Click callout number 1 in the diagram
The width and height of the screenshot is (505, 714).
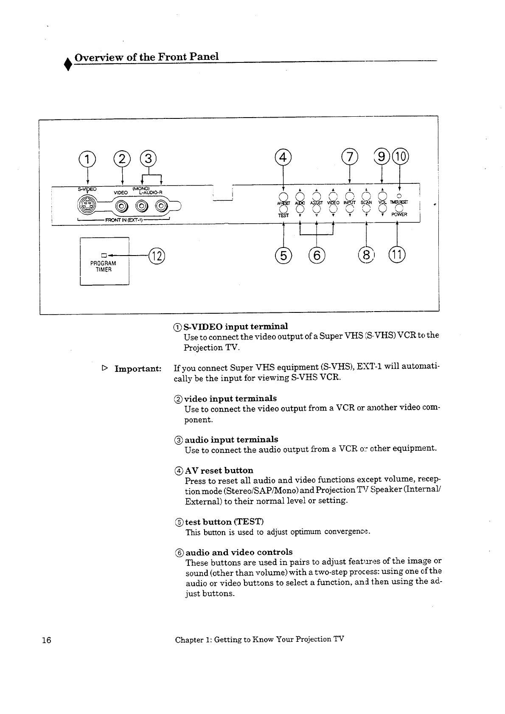(x=87, y=159)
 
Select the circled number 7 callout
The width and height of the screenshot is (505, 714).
(x=350, y=158)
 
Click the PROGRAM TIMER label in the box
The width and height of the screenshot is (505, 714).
(x=103, y=266)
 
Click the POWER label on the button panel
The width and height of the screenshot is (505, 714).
(x=399, y=214)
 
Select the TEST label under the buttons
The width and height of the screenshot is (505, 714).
(x=283, y=215)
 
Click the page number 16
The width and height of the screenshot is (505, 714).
(x=46, y=641)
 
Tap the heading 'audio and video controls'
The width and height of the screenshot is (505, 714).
(x=239, y=552)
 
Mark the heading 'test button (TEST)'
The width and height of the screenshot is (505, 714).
(x=224, y=522)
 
